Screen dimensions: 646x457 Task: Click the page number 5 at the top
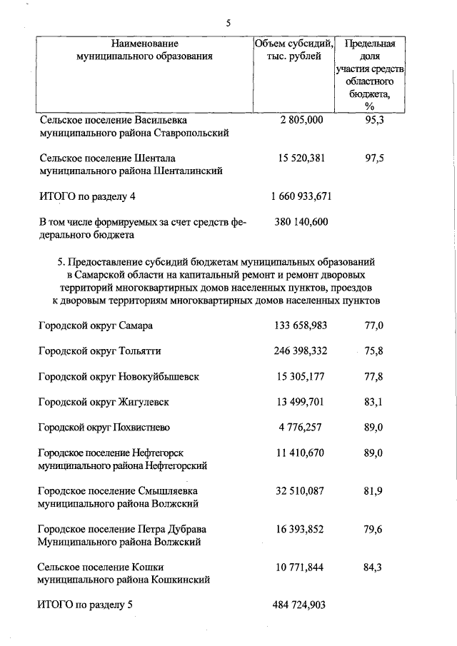[228, 22]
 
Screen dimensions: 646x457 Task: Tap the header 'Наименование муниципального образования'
[144, 50]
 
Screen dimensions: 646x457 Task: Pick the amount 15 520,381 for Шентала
[301, 158]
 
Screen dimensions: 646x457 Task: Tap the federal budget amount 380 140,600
[301, 222]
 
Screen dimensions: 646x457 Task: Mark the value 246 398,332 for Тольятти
[301, 351]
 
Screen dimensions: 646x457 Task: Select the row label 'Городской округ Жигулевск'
[104, 402]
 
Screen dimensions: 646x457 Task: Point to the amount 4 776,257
[301, 428]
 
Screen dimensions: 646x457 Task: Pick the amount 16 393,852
[301, 529]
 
